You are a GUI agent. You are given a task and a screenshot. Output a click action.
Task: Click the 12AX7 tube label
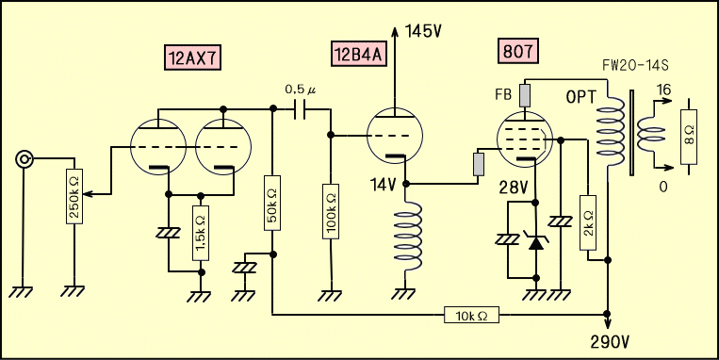(x=192, y=57)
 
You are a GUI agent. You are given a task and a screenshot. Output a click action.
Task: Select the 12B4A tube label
(x=359, y=54)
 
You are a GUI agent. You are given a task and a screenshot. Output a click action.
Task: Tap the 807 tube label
(x=517, y=52)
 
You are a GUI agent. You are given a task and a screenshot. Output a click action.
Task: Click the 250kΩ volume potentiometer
(x=74, y=196)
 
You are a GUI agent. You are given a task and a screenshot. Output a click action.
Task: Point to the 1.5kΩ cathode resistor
(x=201, y=233)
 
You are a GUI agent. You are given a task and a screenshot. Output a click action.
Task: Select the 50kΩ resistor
(x=272, y=203)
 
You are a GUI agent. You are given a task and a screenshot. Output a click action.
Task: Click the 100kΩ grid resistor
(x=331, y=211)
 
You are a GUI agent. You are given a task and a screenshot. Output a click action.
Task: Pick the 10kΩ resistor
(x=471, y=315)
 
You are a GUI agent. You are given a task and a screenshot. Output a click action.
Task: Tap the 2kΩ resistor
(x=587, y=222)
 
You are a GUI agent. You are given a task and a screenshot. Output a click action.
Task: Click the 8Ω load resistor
(x=689, y=137)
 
